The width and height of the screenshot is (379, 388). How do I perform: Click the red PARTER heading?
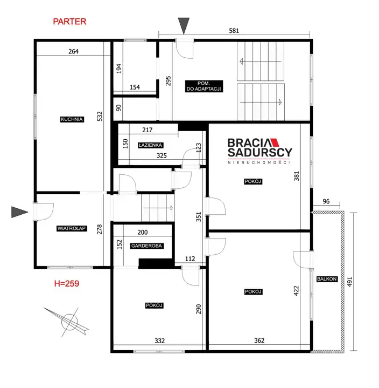tap(69, 22)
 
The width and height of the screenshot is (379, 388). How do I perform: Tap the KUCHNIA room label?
tap(72, 119)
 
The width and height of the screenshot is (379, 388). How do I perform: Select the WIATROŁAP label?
tap(72, 228)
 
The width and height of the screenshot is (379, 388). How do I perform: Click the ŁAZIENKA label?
tap(150, 145)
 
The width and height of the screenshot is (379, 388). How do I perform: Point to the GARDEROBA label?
tap(146, 246)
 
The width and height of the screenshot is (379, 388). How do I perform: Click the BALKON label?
tap(327, 279)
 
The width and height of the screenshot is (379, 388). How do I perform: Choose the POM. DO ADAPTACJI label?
tap(204, 86)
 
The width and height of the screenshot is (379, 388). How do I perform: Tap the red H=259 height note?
tap(67, 283)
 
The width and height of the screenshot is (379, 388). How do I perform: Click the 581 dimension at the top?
tap(234, 31)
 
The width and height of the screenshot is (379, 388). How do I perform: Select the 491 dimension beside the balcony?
tap(349, 282)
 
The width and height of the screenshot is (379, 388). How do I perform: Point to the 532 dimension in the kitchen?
tap(100, 117)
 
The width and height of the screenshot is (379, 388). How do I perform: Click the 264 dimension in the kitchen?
tap(74, 51)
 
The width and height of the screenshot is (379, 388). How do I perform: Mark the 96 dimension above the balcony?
tap(326, 201)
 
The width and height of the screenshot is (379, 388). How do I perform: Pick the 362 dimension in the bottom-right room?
tap(259, 341)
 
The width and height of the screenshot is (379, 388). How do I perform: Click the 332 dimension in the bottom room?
tap(160, 341)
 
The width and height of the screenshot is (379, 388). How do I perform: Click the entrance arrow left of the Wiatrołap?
tap(20, 212)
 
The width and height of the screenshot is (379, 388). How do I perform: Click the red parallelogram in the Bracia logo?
tap(275, 142)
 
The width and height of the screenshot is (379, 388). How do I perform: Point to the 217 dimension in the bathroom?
tap(148, 130)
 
